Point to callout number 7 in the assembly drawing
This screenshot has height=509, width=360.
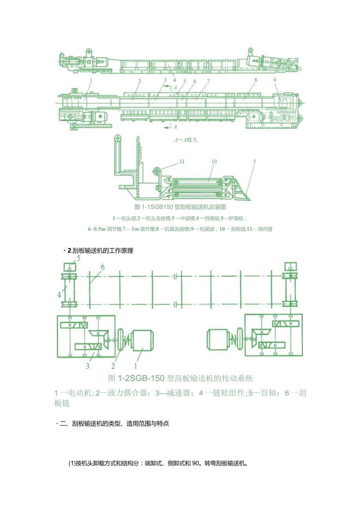208,81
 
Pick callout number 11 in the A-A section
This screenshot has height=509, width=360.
181,161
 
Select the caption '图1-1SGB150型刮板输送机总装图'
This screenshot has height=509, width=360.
180,207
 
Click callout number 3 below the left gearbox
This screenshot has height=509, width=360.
87,366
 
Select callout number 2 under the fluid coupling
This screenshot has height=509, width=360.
113,366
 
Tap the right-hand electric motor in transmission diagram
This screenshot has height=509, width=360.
218,339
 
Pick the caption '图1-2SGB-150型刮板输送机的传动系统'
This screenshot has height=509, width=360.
180,378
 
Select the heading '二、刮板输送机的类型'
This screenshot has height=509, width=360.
113,423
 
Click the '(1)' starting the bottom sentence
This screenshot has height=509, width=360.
72,464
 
